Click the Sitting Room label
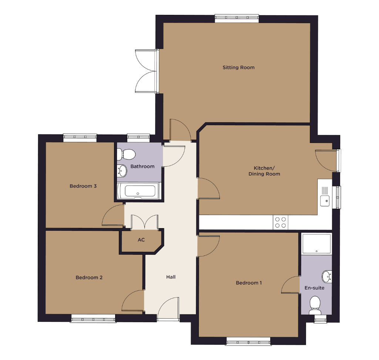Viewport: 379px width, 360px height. [239, 67]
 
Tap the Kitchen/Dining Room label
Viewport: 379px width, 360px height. [264, 171]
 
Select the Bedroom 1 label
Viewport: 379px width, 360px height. [249, 283]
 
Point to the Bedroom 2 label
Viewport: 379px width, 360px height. [89, 277]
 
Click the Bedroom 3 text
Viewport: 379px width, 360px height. [83, 186]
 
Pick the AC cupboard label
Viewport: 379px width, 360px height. [141, 240]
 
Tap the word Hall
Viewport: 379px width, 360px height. [171, 277]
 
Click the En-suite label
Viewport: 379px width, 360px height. [314, 288]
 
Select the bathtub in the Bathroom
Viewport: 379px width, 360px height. [138, 191]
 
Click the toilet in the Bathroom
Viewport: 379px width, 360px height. [126, 154]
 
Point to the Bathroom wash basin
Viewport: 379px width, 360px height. [122, 171]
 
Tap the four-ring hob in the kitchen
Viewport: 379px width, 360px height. [281, 222]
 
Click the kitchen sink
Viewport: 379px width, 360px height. [325, 196]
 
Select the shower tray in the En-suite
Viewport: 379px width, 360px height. [316, 244]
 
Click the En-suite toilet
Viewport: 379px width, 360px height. [315, 305]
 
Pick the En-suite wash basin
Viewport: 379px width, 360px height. [327, 277]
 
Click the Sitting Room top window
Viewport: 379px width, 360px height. [237, 19]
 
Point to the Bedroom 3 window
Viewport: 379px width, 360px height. [80, 138]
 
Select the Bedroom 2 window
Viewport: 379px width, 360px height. [93, 319]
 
